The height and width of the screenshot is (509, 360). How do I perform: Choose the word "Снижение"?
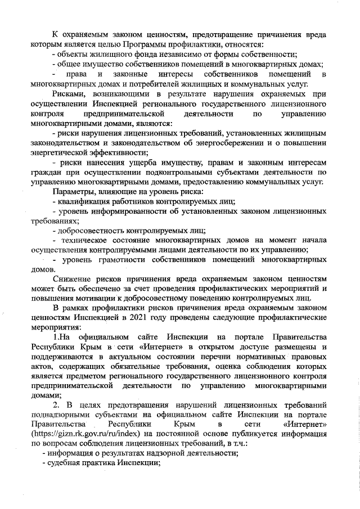click(x=70, y=279)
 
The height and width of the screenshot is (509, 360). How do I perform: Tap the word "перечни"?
click(x=233, y=357)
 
